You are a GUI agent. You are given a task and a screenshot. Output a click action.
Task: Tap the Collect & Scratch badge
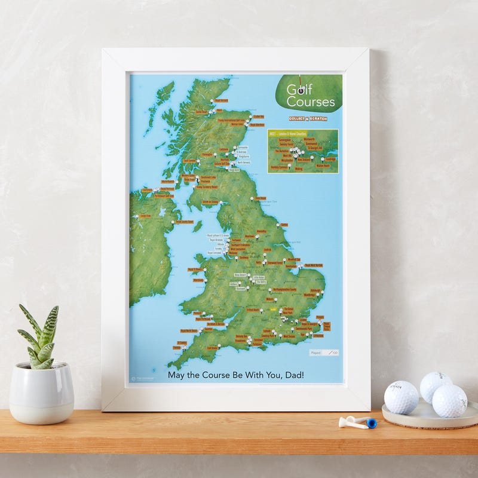click(x=308, y=118)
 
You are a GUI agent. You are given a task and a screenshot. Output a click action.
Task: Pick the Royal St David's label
click(x=197, y=269)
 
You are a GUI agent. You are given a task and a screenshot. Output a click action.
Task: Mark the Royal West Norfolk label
click(x=314, y=265)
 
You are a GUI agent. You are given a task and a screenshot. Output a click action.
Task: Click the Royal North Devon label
click(x=189, y=330)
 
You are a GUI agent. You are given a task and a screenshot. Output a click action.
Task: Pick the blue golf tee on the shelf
click(x=372, y=423)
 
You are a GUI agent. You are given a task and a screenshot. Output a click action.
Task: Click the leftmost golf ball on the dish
click(x=401, y=397)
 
